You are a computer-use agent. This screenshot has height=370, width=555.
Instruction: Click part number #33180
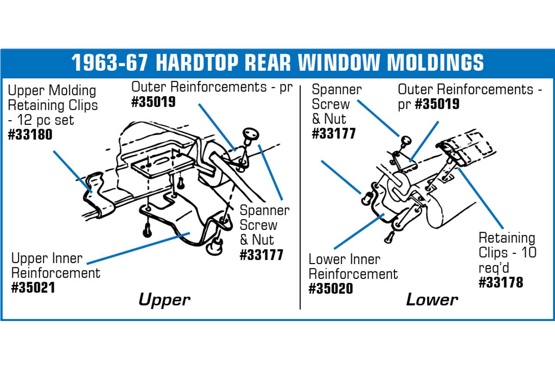[x=30, y=135]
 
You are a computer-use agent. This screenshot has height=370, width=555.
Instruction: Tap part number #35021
[x=33, y=288]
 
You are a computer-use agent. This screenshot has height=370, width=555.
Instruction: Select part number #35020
[x=331, y=289]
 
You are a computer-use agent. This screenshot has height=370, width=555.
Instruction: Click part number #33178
[x=501, y=282]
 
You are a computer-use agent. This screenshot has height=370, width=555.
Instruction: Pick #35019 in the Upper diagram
[x=154, y=102]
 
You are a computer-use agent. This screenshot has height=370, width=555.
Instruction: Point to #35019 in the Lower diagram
[x=437, y=104]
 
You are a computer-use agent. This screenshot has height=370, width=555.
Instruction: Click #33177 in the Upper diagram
[x=261, y=255]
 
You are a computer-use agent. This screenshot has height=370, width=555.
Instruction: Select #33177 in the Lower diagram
[x=334, y=133]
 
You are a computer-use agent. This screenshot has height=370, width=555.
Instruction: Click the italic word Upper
[x=165, y=300]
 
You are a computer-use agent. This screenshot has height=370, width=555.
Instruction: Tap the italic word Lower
[x=432, y=300]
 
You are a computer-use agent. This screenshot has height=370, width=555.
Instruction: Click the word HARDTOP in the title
[x=197, y=62]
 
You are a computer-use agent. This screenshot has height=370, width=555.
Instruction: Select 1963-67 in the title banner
[x=109, y=62]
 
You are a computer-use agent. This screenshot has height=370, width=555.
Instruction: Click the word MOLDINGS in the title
[x=435, y=62]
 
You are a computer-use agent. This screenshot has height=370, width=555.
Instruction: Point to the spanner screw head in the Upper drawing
[x=251, y=134]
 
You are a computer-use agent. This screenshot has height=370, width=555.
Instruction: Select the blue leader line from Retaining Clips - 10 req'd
[x=481, y=198]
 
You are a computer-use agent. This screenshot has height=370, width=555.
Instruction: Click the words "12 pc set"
[x=45, y=120]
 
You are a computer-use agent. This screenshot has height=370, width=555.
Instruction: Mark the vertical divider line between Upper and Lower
[x=300, y=197]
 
